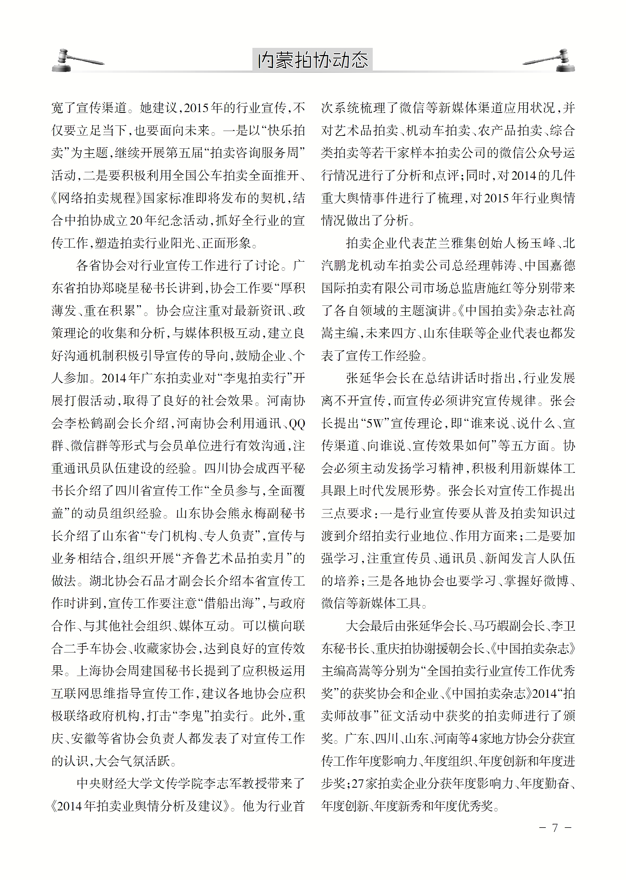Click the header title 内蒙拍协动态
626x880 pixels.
pos(313,60)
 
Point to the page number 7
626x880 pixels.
pos(555,828)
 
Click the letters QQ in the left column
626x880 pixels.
pos(297,424)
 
